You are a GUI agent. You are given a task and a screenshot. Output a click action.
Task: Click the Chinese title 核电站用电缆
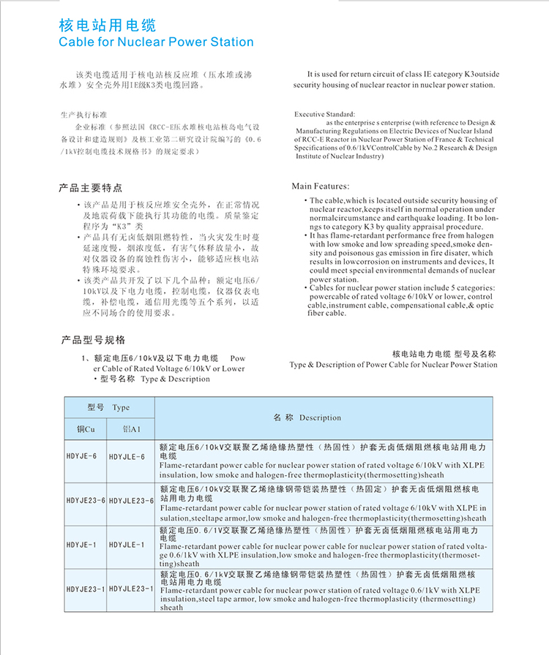coord(107,26)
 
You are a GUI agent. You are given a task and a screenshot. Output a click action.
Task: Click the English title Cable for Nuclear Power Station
coord(156,42)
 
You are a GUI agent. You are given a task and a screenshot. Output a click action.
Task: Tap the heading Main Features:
coord(321,186)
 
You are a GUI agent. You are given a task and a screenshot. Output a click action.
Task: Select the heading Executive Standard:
coord(324,115)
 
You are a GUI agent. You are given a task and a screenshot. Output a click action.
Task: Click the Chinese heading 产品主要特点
coord(91,188)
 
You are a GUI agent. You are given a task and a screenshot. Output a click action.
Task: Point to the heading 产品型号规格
coord(93,340)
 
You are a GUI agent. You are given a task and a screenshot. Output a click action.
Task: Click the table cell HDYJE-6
coord(81,456)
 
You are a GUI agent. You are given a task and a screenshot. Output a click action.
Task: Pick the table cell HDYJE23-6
coord(86,500)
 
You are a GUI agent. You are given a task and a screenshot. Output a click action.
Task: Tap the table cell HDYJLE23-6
coord(131,500)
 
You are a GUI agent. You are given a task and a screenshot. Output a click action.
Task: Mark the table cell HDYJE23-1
coord(86,588)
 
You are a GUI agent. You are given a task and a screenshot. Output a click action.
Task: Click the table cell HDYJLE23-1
coord(131,588)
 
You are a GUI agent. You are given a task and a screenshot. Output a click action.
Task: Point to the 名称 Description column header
coord(307,417)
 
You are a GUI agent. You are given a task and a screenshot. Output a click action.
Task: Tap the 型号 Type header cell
coord(108,407)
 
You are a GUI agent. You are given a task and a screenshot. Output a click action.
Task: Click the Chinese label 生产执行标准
coord(84,116)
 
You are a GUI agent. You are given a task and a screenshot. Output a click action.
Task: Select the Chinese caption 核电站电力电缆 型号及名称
coord(444,353)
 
